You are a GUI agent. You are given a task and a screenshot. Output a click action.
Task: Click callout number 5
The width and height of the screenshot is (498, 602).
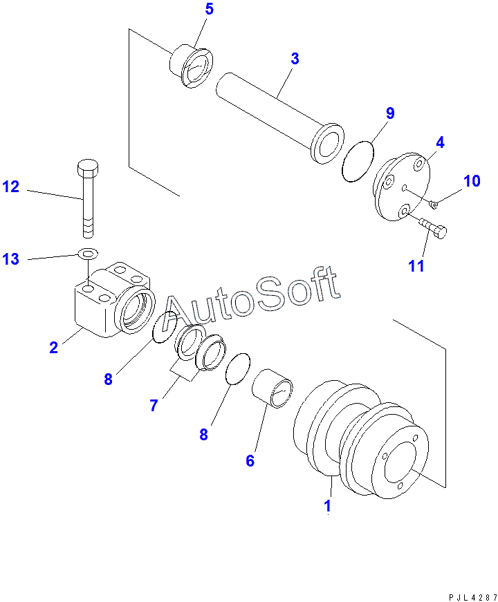[x=209, y=10]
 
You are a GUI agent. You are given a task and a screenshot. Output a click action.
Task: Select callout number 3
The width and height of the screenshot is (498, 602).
[x=295, y=59]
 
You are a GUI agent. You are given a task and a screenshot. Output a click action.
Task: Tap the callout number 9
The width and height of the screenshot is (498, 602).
[x=390, y=113]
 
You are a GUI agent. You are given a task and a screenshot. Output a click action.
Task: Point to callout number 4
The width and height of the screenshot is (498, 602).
[x=440, y=143]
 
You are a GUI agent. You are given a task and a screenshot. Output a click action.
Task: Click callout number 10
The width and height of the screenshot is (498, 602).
[x=472, y=181]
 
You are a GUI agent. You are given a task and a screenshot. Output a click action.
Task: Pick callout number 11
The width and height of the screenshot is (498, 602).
[x=416, y=265]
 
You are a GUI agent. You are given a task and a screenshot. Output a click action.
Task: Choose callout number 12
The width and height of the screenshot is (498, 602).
[x=11, y=187]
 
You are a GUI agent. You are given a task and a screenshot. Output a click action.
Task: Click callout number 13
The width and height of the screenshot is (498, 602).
[x=11, y=259]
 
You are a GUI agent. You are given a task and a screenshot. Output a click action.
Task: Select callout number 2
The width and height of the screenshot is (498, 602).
[x=53, y=348]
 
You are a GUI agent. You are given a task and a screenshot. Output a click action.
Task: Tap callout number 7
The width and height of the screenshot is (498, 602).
[x=154, y=406]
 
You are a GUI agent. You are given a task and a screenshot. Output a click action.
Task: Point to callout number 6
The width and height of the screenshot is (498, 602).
[x=250, y=460]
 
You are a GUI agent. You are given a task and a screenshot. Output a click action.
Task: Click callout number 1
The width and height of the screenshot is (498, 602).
[x=328, y=506]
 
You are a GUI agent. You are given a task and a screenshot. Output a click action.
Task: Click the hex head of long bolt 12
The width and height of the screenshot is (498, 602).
[x=86, y=167]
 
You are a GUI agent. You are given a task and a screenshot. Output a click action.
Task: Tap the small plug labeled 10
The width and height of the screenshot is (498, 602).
[x=433, y=203]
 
